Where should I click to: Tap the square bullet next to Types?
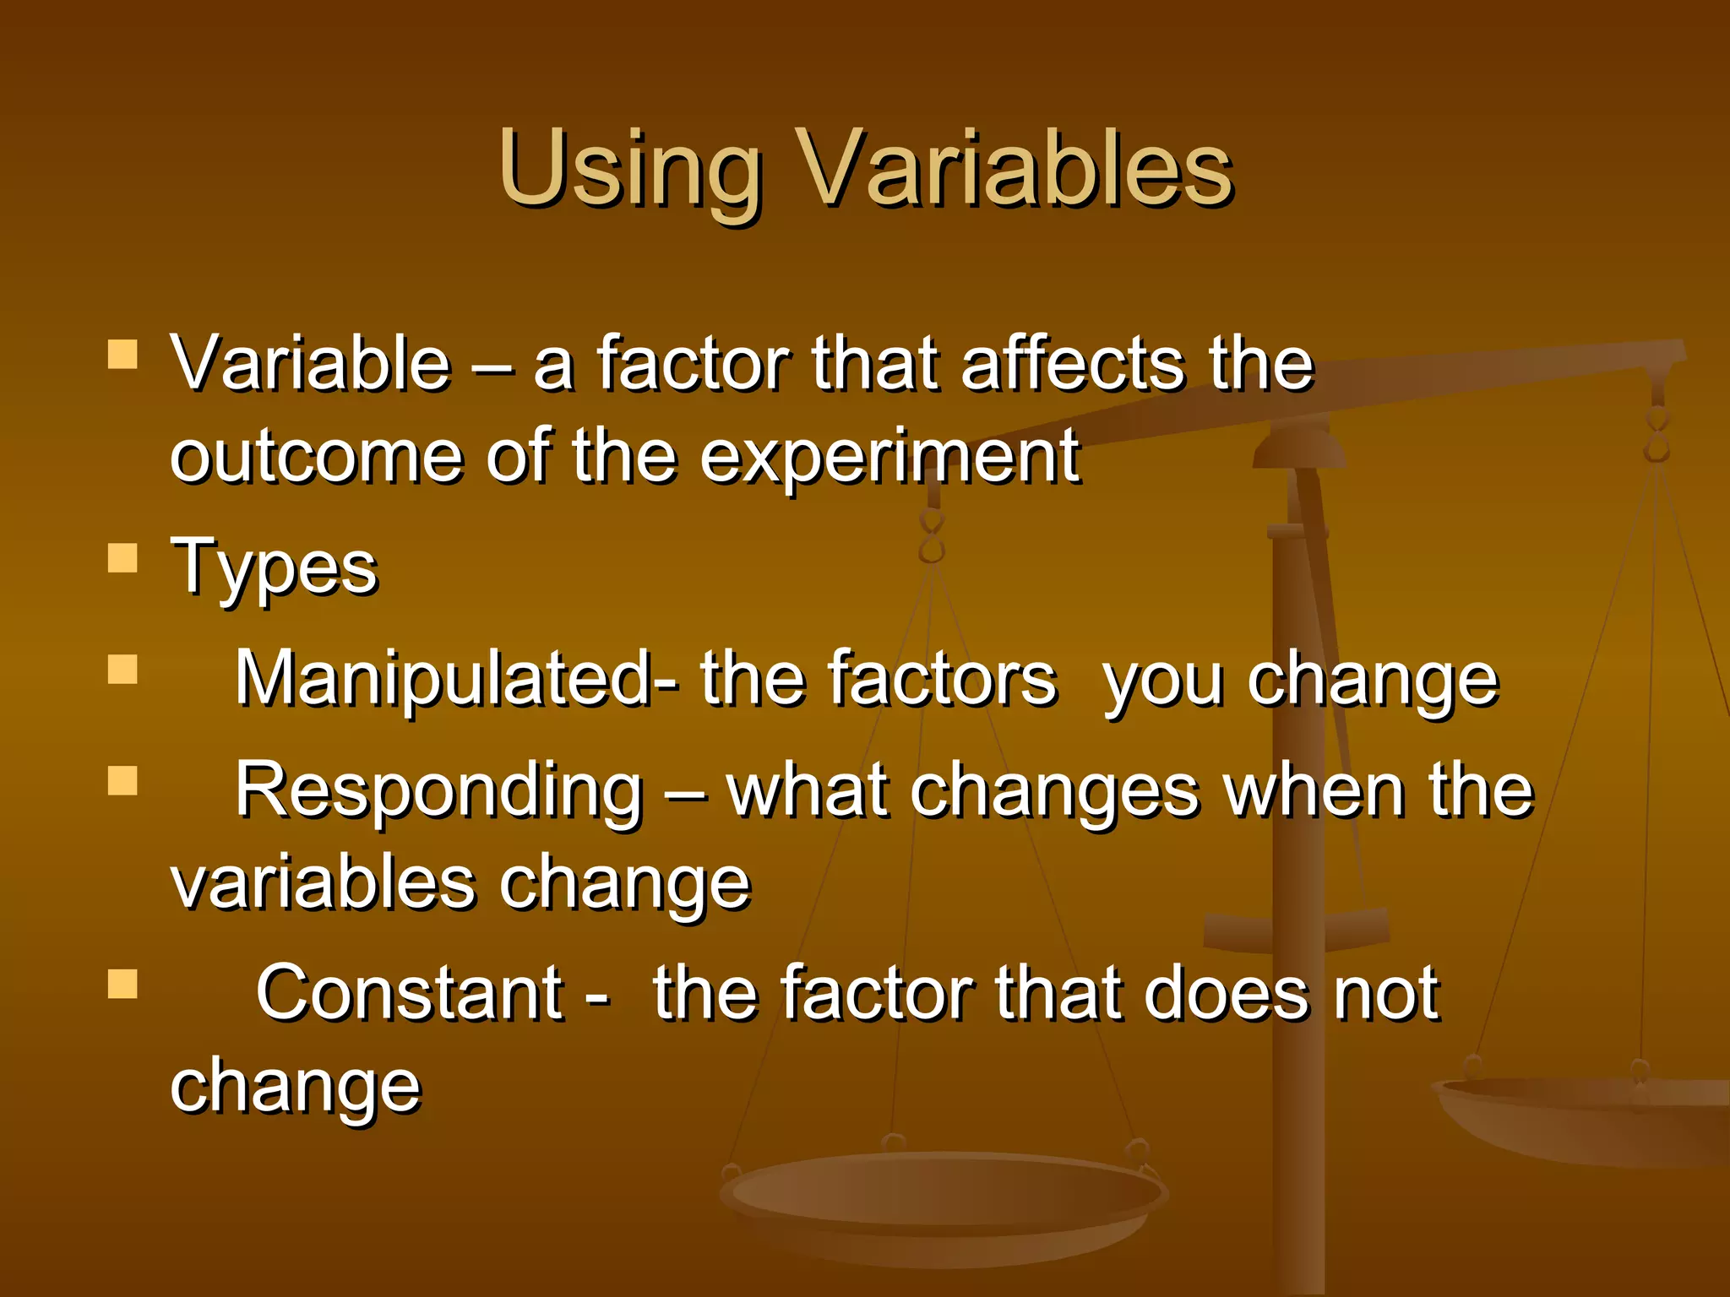pyautogui.click(x=123, y=558)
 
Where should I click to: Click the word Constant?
pyautogui.click(x=410, y=993)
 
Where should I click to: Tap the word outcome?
pyautogui.click(x=316, y=458)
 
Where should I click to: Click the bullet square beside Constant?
pyautogui.click(x=123, y=984)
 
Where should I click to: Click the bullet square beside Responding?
pyautogui.click(x=123, y=781)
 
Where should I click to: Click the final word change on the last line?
pyautogui.click(x=295, y=1088)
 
